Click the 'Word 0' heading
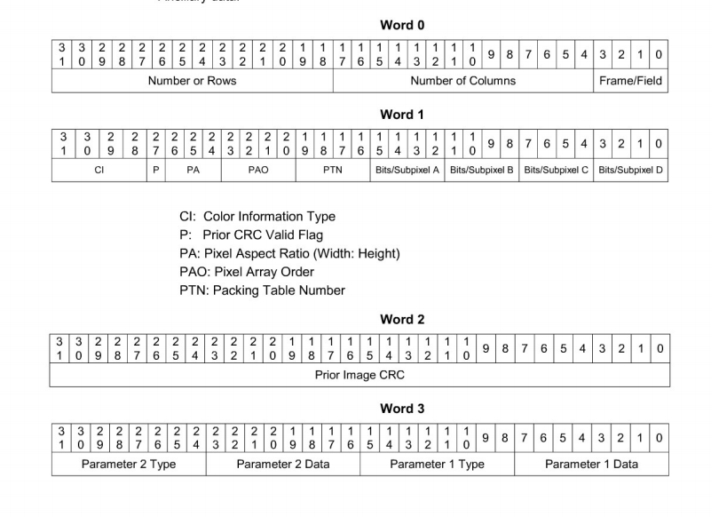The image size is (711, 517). [x=402, y=25]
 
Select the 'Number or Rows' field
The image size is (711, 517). [x=192, y=81]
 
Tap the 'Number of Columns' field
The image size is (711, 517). [x=462, y=81]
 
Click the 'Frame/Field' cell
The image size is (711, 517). [x=630, y=81]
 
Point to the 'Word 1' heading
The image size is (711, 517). [x=402, y=114]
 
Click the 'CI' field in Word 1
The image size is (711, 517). [x=99, y=170]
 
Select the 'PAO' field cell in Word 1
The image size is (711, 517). [x=257, y=170]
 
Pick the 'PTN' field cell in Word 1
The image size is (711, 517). [x=332, y=170]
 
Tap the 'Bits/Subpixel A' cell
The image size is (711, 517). [x=407, y=170]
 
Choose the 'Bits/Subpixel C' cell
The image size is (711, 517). [x=556, y=170]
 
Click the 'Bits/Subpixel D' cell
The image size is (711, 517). [x=631, y=170]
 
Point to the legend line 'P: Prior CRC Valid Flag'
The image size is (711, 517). [x=251, y=235]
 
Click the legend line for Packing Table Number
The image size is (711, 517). [x=262, y=290]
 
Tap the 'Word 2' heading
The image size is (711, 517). [x=402, y=319]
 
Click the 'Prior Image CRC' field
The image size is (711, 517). [x=359, y=375]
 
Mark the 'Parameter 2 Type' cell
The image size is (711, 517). [x=130, y=464]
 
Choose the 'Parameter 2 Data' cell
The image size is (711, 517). [x=283, y=464]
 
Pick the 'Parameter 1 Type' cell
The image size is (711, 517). [x=437, y=464]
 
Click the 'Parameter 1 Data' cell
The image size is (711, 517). [x=591, y=464]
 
